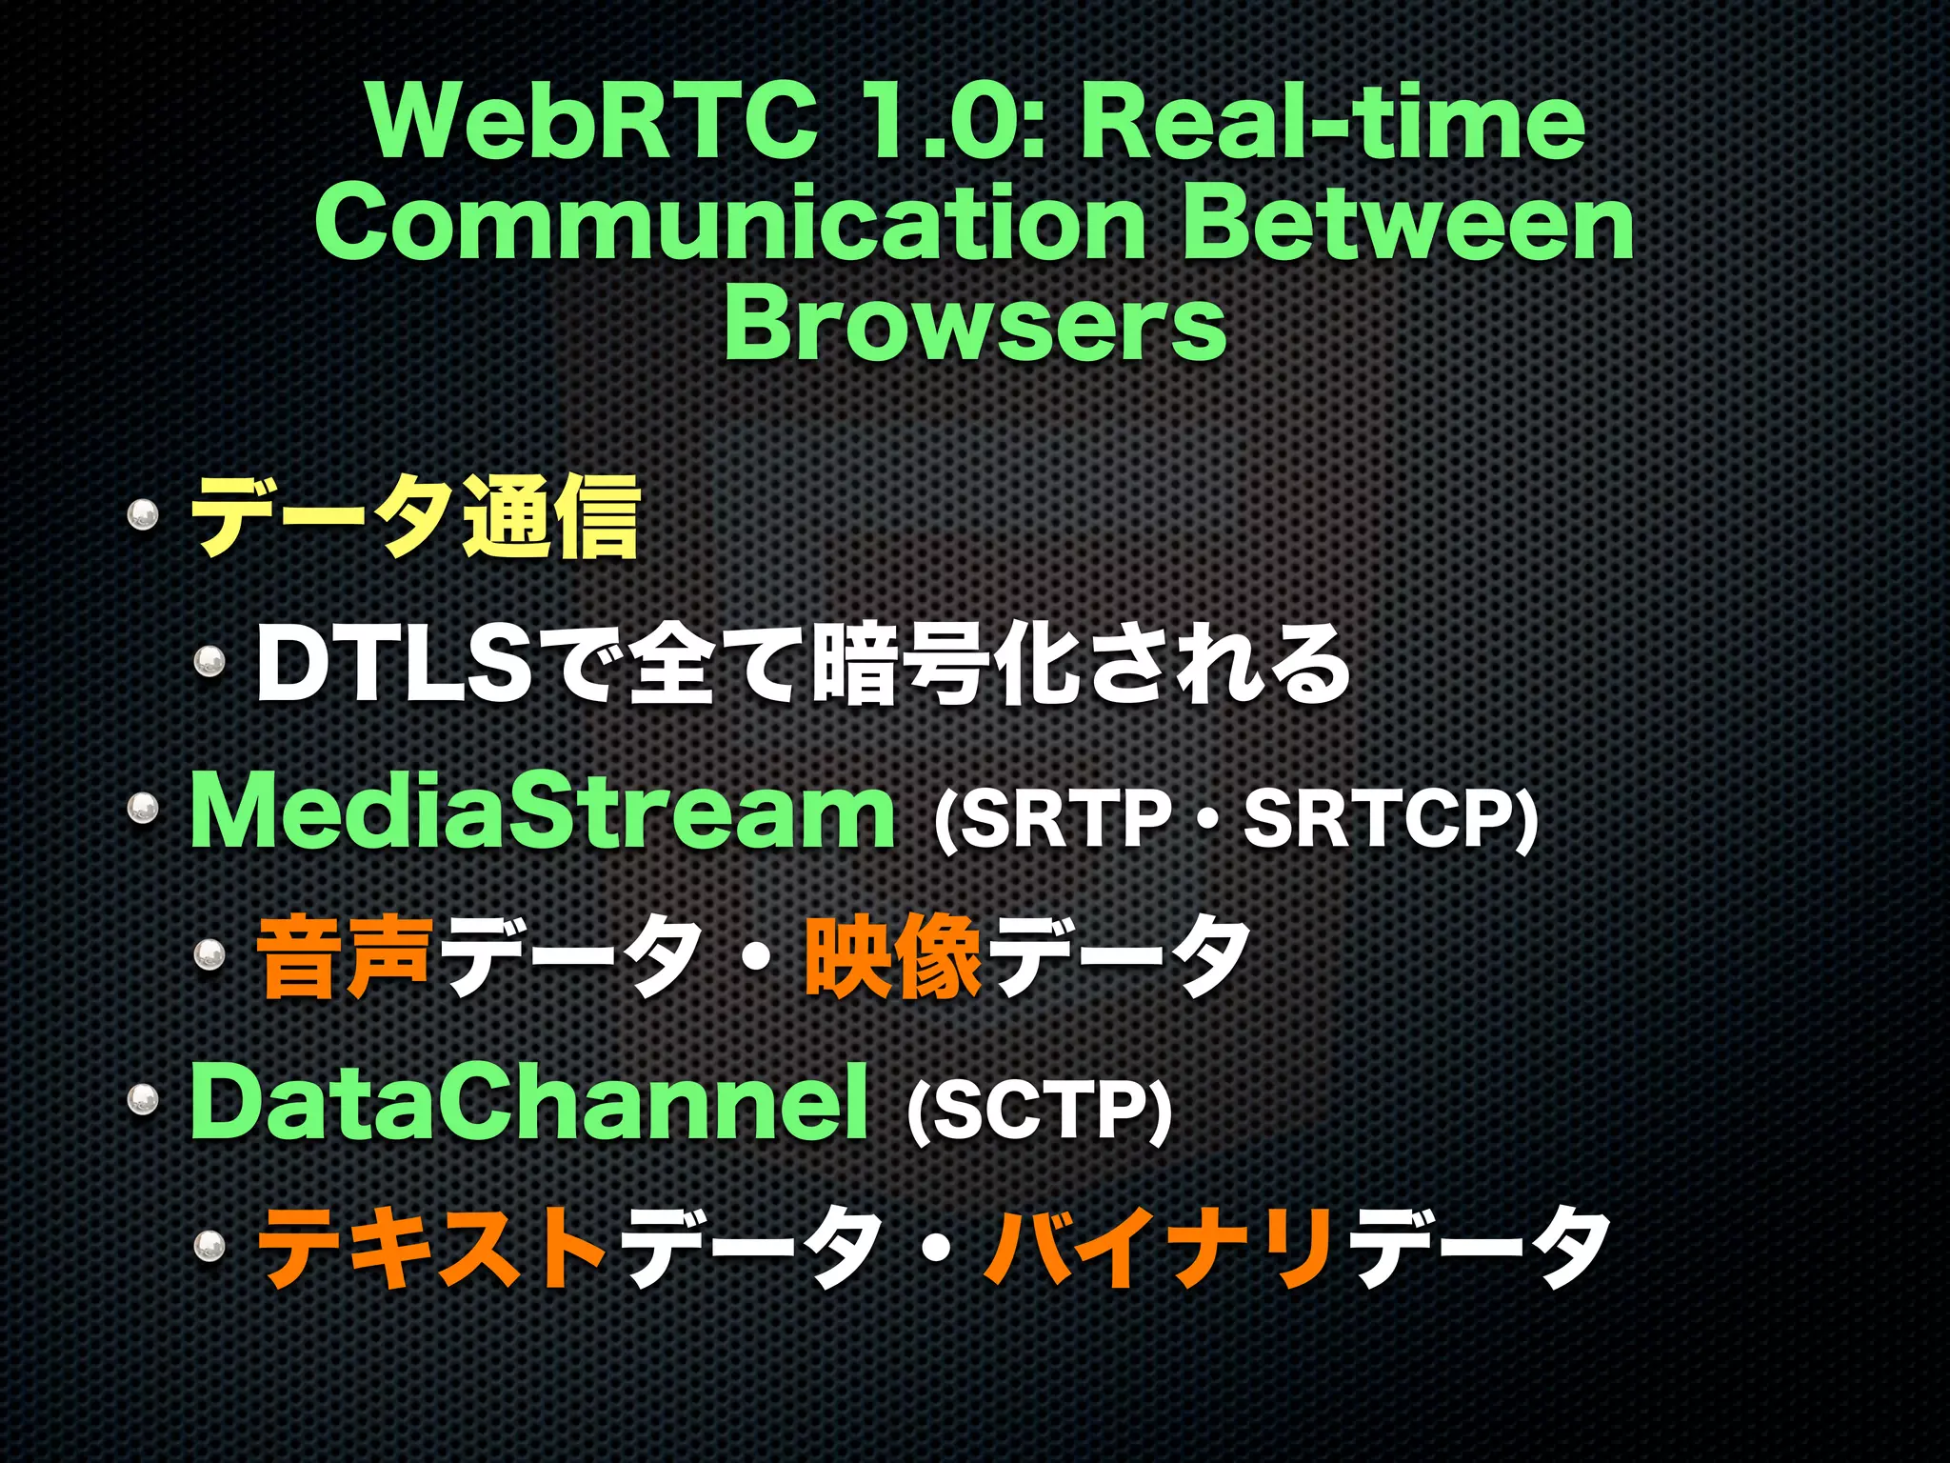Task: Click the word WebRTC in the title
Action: pyautogui.click(x=592, y=121)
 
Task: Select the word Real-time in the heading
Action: pyautogui.click(x=1333, y=121)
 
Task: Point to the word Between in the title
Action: pyautogui.click(x=1407, y=224)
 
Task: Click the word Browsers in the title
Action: pyautogui.click(x=975, y=326)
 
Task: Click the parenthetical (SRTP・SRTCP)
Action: pyautogui.click(x=1235, y=817)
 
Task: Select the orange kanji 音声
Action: pyautogui.click(x=345, y=956)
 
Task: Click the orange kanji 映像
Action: pyautogui.click(x=892, y=956)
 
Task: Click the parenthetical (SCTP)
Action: pyautogui.click(x=1038, y=1109)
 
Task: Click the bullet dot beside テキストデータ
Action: pyautogui.click(x=209, y=1245)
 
